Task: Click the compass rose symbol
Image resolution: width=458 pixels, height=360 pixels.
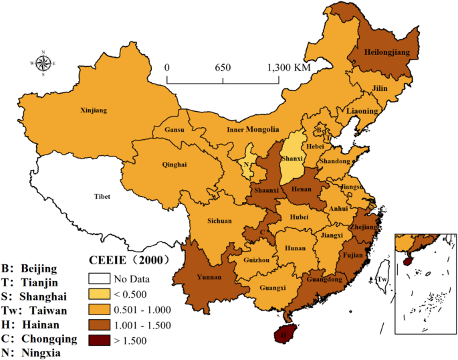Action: (x=43, y=64)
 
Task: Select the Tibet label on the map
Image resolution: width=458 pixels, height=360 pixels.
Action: (x=101, y=196)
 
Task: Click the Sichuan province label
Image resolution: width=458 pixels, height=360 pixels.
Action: (x=219, y=220)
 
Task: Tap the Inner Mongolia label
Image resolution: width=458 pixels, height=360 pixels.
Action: (x=253, y=129)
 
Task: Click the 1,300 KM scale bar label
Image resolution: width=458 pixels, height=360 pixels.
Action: (x=290, y=68)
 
